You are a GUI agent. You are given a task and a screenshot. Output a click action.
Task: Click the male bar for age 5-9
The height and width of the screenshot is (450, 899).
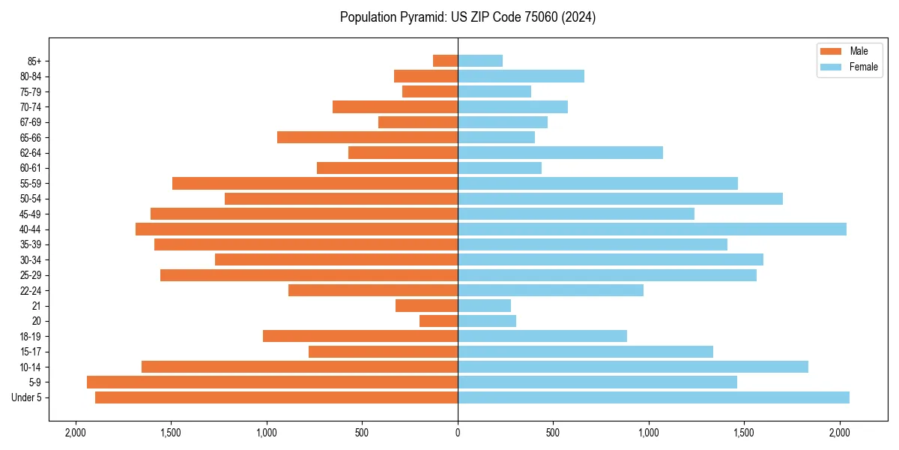[272, 382]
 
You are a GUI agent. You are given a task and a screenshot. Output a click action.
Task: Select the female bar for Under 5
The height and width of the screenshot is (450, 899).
[653, 397]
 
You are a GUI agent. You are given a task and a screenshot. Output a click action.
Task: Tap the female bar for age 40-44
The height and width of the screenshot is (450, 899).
[652, 229]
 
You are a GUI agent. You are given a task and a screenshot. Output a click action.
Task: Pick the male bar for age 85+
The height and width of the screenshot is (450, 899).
[445, 61]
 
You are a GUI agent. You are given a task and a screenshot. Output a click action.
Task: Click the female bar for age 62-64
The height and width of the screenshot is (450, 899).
[560, 152]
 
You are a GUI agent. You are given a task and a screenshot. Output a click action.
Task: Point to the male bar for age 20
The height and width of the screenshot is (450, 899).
[438, 321]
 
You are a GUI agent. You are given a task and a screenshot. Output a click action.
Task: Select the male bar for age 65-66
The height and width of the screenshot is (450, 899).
[367, 137]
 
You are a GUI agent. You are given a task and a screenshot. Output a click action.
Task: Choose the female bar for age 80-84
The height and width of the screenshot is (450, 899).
[521, 76]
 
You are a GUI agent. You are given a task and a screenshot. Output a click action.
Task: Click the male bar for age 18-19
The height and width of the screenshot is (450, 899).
[360, 336]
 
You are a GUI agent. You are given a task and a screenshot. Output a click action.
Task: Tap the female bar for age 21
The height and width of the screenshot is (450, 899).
[484, 305]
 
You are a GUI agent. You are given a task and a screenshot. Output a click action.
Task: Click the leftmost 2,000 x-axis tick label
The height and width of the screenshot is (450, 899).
[75, 433]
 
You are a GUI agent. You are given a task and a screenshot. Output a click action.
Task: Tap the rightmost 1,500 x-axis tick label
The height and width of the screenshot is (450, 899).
[744, 433]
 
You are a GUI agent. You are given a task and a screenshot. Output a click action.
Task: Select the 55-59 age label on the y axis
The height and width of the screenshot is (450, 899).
[36, 183]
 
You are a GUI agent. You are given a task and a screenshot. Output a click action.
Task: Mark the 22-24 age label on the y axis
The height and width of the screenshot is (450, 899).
[36, 290]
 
